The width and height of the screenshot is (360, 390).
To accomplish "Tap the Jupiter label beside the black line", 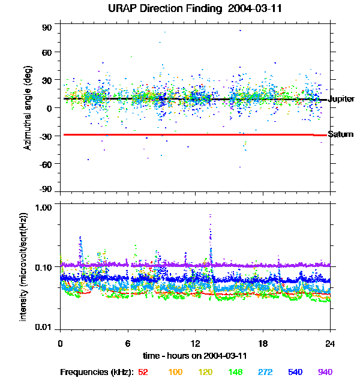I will [342, 99].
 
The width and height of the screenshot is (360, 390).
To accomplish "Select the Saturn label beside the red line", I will [340, 134].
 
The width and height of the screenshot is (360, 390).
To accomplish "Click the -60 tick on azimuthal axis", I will [46, 163].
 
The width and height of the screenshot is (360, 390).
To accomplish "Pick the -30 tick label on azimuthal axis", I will [46, 136].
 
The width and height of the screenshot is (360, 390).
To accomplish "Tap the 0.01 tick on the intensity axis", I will [44, 327].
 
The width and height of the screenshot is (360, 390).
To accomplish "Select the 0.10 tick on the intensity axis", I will [44, 266].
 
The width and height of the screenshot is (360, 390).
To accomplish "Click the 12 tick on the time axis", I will [195, 343].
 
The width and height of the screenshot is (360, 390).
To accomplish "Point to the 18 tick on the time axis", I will [263, 343].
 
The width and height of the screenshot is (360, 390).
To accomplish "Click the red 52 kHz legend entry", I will [143, 372].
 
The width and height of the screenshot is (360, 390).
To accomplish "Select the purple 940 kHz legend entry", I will [325, 372].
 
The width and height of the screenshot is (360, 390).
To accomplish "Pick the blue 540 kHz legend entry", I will [295, 372].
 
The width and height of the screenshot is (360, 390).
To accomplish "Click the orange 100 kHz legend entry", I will [175, 372].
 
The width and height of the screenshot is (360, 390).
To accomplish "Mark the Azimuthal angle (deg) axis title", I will [28, 108].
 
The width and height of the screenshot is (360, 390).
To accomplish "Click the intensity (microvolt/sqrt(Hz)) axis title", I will [24, 266].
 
